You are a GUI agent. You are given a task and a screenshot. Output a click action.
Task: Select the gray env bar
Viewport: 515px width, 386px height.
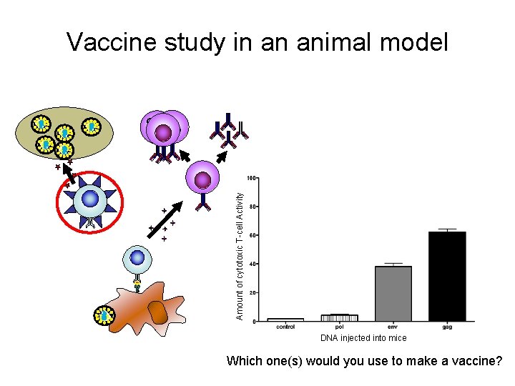393,293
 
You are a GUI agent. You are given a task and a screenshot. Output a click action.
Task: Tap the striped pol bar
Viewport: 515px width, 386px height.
340,317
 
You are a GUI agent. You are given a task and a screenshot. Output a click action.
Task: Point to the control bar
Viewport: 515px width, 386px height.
285,320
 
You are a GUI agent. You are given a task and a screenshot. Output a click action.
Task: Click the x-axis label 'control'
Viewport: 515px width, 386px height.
285,327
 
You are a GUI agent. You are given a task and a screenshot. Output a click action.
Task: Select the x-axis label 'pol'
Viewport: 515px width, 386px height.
340,327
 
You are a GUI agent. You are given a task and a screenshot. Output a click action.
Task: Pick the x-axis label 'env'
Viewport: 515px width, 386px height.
393,327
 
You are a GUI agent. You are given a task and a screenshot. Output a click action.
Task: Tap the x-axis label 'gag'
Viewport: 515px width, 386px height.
447,327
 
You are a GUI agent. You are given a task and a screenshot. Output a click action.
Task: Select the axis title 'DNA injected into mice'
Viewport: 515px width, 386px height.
363,338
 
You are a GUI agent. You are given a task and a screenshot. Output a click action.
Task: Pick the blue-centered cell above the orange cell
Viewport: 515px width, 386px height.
137,259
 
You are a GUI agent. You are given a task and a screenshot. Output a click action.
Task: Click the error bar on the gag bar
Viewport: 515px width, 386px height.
447,229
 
